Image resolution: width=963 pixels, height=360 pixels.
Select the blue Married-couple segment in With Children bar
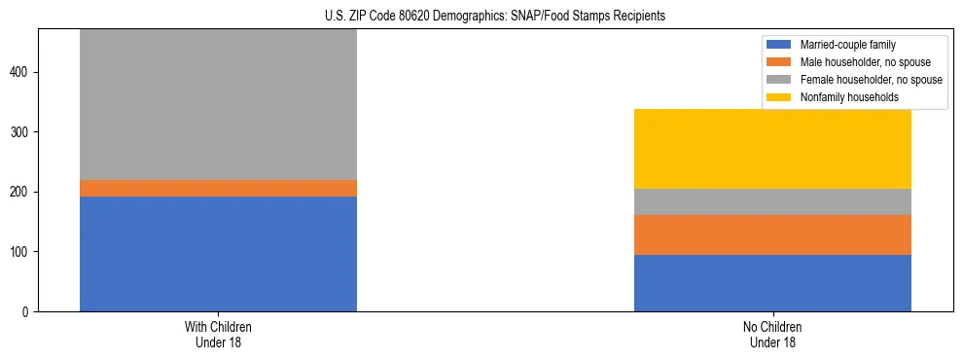[x=218, y=253]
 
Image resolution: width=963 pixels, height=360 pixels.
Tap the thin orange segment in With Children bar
[x=218, y=188]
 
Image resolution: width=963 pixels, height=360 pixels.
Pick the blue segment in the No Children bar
[x=772, y=282]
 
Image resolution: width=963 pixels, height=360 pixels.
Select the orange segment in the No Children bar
[x=772, y=234]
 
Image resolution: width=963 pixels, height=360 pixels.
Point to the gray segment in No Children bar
[x=772, y=201]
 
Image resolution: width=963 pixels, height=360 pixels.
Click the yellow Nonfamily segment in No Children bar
[x=772, y=148]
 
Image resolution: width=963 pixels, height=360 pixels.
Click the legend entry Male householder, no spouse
[x=857, y=62]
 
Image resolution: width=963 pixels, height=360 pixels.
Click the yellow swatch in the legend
[x=780, y=97]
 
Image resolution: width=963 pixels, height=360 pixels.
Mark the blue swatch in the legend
[x=780, y=45]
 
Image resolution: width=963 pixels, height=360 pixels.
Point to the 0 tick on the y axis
[x=27, y=312]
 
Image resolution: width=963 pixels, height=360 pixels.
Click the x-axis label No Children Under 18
[x=772, y=334]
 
